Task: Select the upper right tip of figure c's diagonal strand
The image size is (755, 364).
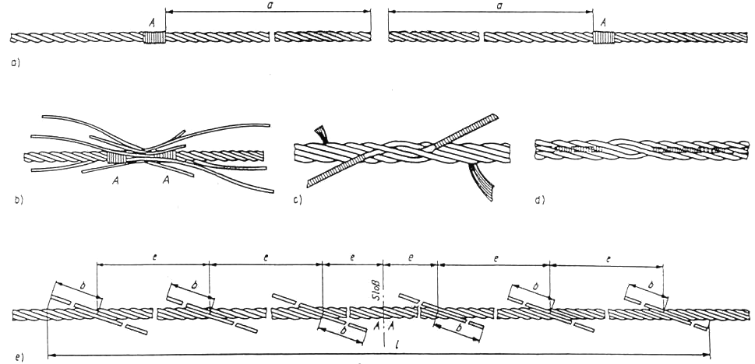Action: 495,117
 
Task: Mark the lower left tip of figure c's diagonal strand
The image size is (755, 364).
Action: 309,184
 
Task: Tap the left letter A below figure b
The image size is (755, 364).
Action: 115,180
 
